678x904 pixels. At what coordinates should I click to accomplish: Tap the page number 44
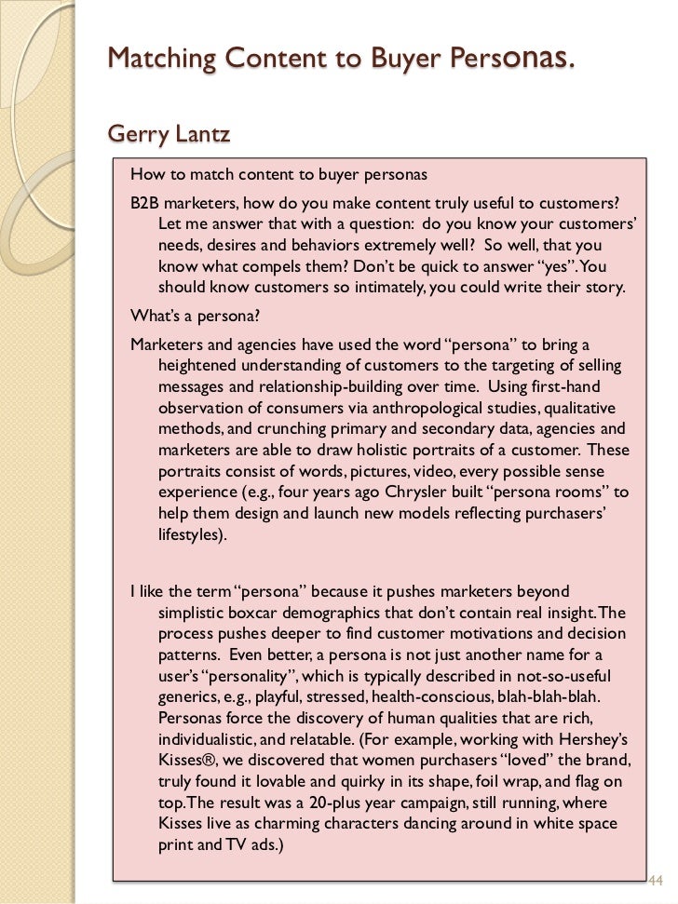point(653,880)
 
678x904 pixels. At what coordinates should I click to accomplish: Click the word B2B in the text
point(145,203)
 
